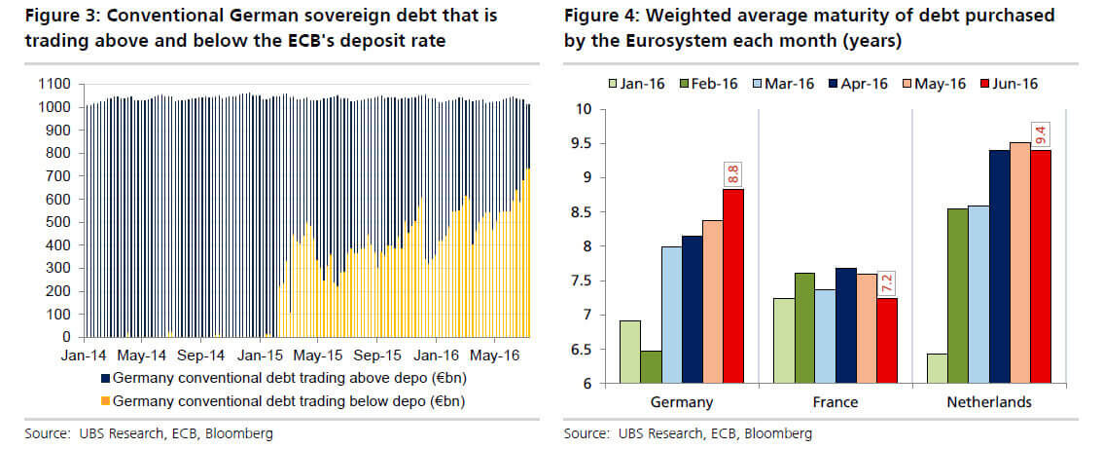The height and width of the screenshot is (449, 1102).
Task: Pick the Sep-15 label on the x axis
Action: point(371,356)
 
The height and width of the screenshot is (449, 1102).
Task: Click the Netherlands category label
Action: point(989,401)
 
